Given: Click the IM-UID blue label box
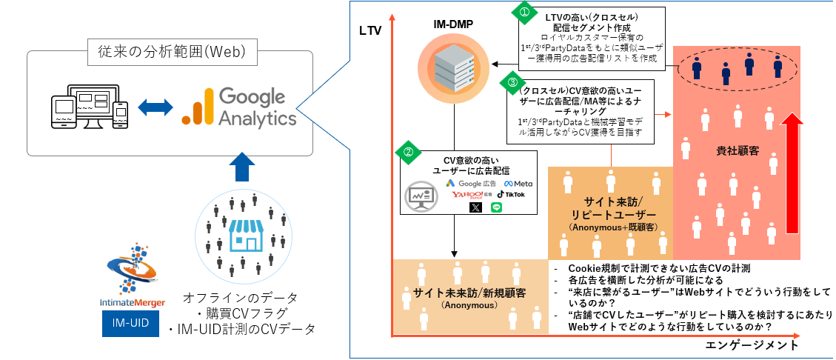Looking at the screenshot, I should (x=130, y=325).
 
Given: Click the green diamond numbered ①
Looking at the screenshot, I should (x=522, y=12).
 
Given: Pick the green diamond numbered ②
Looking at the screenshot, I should (x=407, y=153).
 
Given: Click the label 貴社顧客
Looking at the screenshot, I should (x=737, y=151).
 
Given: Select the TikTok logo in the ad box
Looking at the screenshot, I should (x=511, y=194).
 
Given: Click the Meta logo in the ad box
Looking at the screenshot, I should (x=518, y=183).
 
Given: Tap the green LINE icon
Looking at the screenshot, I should (x=496, y=207).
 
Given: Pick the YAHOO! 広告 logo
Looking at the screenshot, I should (x=472, y=194).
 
